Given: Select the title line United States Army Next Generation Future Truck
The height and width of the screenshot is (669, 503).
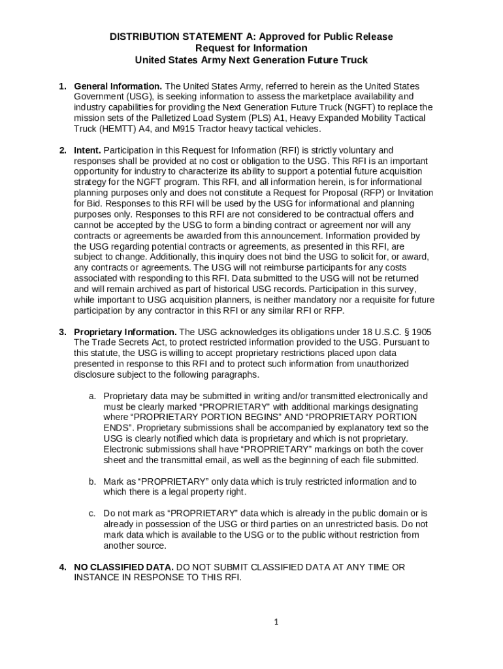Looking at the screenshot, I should [x=251, y=60].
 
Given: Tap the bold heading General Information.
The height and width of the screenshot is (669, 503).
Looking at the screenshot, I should [x=118, y=86].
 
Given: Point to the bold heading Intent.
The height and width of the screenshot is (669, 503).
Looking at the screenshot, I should [x=87, y=150].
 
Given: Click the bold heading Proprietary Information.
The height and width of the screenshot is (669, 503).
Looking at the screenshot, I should [x=125, y=332].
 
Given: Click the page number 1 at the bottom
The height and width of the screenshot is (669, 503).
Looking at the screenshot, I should [x=276, y=622].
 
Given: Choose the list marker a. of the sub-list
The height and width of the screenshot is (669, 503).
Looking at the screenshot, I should [x=93, y=396].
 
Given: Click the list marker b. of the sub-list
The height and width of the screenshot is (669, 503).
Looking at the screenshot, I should [x=93, y=481].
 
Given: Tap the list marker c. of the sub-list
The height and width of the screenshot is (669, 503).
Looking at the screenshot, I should [x=93, y=514].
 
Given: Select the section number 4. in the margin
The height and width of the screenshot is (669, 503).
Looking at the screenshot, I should [x=63, y=567].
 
